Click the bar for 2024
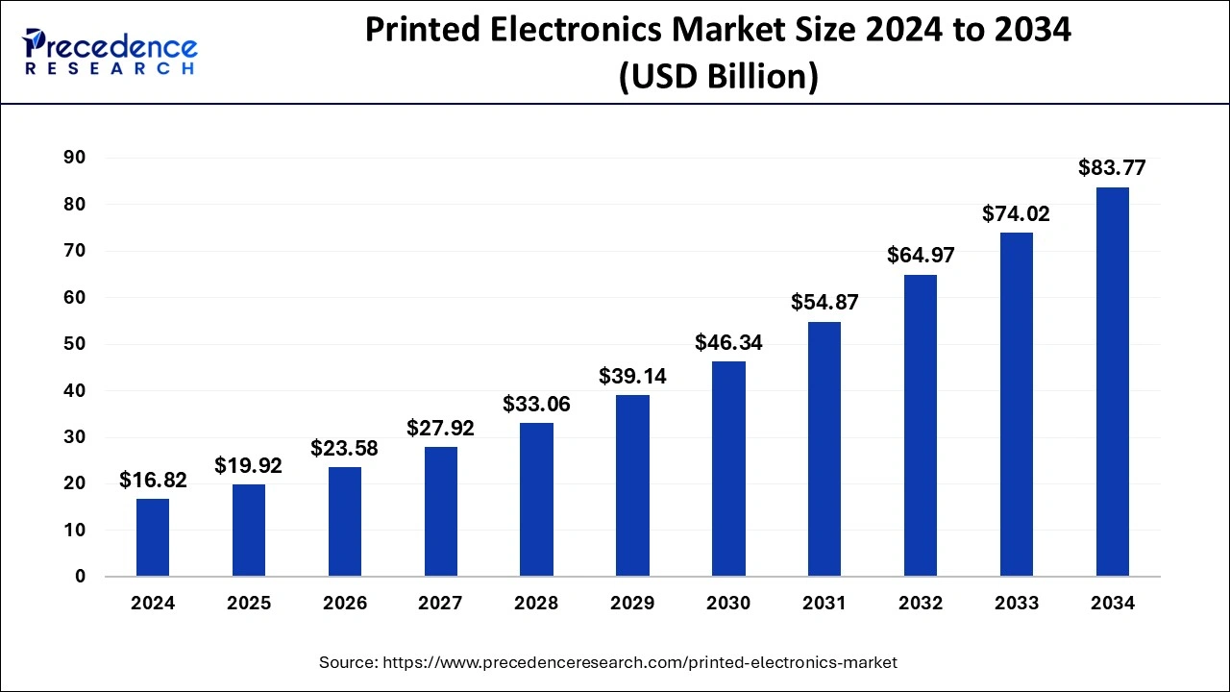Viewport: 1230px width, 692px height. [x=153, y=537]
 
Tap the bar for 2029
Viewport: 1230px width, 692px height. [x=632, y=485]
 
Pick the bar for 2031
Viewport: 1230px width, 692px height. [x=824, y=449]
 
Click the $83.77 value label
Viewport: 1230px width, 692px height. [x=1112, y=168]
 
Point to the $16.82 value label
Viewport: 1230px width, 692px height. [x=153, y=480]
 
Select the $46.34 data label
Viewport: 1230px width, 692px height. [x=728, y=342]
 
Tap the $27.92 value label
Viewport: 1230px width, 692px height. [x=441, y=428]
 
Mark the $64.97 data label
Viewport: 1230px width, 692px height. [x=921, y=256]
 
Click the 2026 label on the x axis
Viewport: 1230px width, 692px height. [x=345, y=604]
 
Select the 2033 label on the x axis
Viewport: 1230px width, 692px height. [x=1017, y=604]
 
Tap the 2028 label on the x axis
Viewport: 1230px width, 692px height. [x=536, y=604]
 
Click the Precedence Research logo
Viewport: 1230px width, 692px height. [x=111, y=51]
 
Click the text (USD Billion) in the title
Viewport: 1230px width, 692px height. [x=718, y=77]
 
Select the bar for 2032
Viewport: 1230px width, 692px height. [x=921, y=426]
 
